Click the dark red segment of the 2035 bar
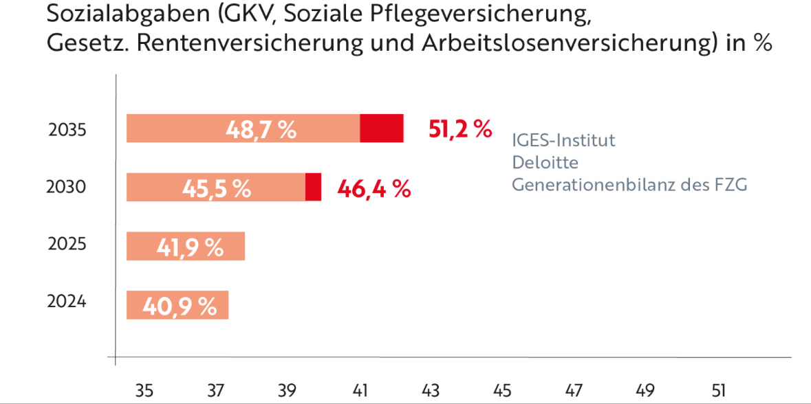click(382, 128)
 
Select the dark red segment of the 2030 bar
click(313, 187)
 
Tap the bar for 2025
click(186, 246)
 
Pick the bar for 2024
click(177, 305)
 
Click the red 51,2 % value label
click(460, 128)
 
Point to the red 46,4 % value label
click(374, 188)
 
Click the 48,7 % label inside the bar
click(261, 129)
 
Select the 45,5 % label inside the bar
click(217, 188)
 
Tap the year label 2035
click(67, 129)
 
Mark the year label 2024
click(67, 302)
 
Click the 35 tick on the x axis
click(144, 390)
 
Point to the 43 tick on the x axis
click(431, 390)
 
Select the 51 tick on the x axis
click(719, 390)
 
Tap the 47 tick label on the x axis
click(574, 390)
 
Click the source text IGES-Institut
click(563, 140)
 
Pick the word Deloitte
click(545, 163)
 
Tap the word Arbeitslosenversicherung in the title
click(552, 43)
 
